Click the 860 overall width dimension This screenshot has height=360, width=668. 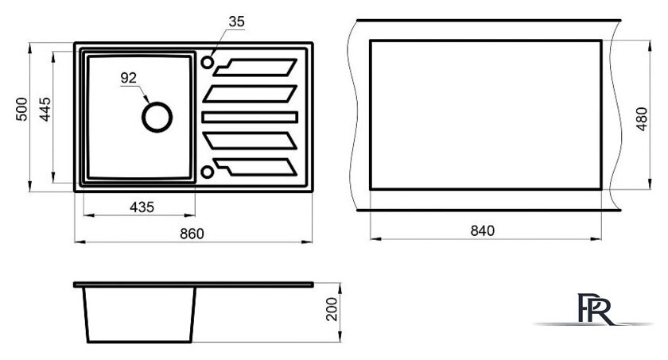point(192,234)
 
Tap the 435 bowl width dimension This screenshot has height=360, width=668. point(142,207)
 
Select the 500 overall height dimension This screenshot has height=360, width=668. point(21,109)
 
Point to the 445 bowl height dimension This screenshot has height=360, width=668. point(45,110)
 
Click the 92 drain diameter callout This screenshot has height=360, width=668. point(129,78)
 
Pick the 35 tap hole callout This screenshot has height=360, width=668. point(236,21)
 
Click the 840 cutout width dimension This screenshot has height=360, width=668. point(482,230)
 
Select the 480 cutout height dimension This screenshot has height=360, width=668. point(642,119)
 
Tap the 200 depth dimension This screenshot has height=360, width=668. point(331,309)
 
